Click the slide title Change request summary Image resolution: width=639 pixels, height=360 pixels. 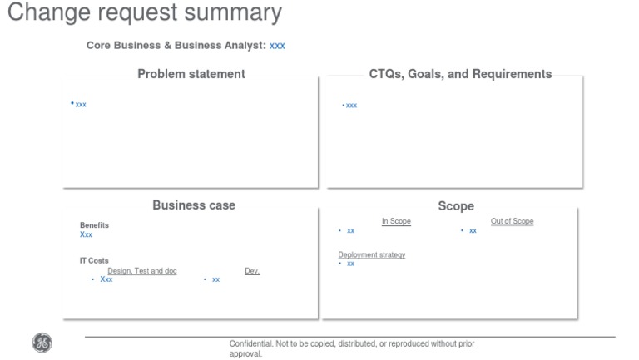144,13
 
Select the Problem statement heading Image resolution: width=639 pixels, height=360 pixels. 191,74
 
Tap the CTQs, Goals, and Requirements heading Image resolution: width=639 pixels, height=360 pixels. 460,74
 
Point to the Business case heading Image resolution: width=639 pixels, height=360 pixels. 194,205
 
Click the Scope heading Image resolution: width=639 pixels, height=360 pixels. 456,206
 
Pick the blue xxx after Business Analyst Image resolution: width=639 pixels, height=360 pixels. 277,46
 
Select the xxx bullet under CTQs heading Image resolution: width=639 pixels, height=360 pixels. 351,106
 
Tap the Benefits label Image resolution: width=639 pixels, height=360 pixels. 94,225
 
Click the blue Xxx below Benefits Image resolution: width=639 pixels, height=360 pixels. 86,235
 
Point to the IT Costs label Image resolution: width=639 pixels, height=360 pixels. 94,260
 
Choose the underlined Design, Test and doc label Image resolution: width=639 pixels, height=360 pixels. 142,271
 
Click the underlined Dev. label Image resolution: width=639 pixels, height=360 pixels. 252,271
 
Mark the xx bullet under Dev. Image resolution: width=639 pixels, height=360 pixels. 215,279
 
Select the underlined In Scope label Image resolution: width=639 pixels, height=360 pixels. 396,221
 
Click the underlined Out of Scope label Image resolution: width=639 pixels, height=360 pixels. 512,221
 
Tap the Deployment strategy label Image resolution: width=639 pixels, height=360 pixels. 372,254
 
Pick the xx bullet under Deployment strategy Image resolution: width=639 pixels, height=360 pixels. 350,264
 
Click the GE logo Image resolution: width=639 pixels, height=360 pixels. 42,342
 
